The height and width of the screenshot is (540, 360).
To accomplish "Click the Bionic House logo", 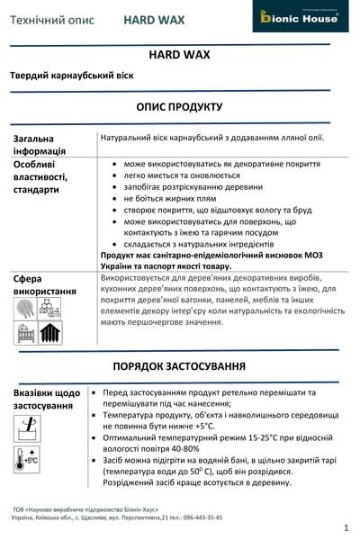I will pos(301,17).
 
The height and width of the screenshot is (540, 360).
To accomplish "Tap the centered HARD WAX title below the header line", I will pos(179,55).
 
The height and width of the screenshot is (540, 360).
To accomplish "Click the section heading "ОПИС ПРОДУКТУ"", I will pos(179,107).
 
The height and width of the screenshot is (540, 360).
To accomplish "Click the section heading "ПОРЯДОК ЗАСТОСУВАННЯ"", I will pos(179,367).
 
